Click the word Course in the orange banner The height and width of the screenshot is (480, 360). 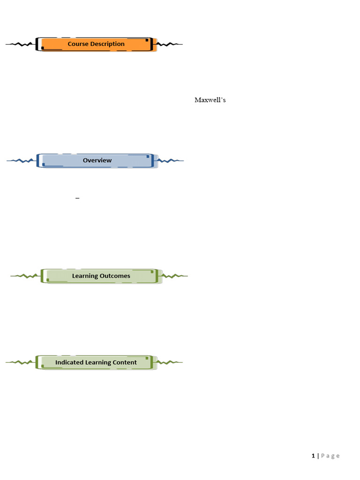tap(78, 44)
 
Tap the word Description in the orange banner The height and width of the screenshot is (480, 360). tap(107, 44)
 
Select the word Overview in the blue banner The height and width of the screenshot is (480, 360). tap(97, 160)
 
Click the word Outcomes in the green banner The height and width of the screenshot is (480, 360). tap(115, 276)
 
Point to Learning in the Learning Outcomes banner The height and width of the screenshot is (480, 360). tap(85, 276)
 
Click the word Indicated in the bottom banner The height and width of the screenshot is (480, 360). tap(69, 362)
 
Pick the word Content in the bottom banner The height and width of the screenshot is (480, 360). tap(125, 362)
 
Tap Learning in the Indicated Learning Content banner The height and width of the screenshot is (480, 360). tap(98, 362)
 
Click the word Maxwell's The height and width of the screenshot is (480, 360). tap(210, 100)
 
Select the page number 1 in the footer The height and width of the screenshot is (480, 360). tap(313, 456)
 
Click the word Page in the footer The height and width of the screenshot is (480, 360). tap(330, 456)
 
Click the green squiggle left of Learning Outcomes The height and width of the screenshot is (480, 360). tap(26, 276)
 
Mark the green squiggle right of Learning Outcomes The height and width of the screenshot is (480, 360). tap(175, 276)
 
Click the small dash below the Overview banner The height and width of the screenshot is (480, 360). tap(77, 199)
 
